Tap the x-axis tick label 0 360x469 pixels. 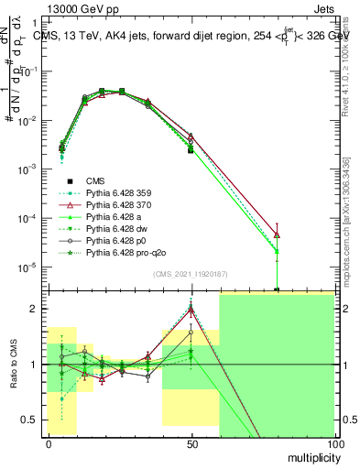tap(49, 443)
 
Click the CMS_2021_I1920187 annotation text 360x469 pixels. tap(189, 275)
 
